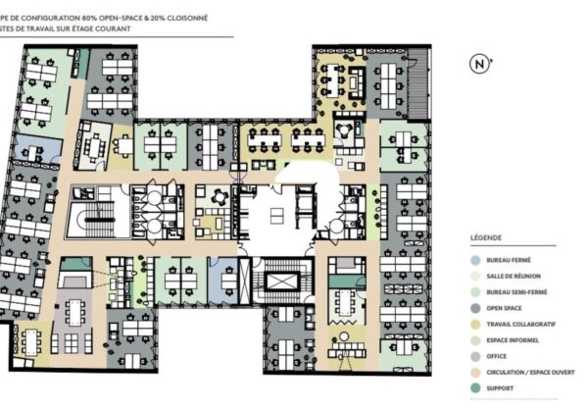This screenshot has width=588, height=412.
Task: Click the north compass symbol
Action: (x=480, y=64)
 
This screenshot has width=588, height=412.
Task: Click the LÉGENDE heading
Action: (x=486, y=238)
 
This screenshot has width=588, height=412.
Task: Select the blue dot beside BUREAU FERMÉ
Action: (x=475, y=260)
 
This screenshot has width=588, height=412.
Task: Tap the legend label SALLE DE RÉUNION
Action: (x=514, y=277)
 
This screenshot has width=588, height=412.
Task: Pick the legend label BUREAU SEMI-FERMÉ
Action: (x=516, y=292)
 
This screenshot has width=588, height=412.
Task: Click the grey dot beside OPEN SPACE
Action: (x=475, y=308)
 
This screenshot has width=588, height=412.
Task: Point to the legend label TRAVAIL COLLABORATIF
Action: (x=521, y=324)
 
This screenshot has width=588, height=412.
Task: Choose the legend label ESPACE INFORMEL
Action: (x=513, y=340)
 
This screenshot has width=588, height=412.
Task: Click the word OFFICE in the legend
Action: (x=497, y=356)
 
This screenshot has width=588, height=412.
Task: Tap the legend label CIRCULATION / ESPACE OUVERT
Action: (x=530, y=373)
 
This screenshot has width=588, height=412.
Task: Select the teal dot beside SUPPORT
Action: (x=475, y=388)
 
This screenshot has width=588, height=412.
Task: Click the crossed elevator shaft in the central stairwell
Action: (x=277, y=283)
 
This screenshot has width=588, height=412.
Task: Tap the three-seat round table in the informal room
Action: (x=344, y=129)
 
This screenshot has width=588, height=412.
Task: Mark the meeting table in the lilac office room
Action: (x=75, y=313)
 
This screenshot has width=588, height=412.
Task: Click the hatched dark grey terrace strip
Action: (x=417, y=84)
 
